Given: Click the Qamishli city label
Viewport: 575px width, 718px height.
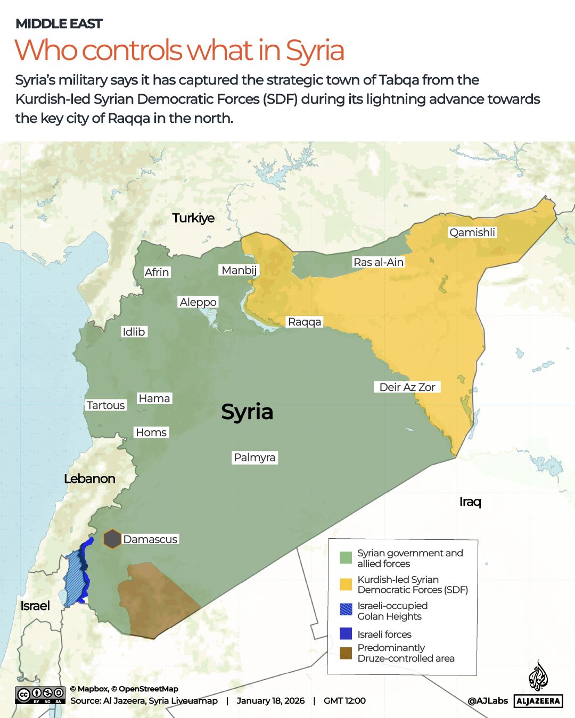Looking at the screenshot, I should [x=472, y=232].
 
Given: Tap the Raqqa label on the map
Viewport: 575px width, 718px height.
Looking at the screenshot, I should [x=305, y=322].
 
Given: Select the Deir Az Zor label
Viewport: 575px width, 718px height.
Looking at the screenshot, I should [x=407, y=387].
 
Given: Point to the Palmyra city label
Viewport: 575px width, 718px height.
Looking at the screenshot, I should [x=254, y=457].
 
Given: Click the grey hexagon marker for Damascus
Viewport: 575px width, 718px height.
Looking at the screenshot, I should [x=112, y=539].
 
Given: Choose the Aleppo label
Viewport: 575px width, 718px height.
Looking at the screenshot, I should [x=198, y=302].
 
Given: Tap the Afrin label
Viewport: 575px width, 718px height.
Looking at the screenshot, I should [x=157, y=272].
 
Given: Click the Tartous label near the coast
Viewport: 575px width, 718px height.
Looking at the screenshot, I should [x=105, y=405].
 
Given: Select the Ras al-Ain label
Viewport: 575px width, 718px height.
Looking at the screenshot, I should [x=379, y=262].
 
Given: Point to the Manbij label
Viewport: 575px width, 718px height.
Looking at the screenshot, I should [x=239, y=270].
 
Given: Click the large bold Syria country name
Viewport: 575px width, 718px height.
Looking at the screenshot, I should [x=247, y=412].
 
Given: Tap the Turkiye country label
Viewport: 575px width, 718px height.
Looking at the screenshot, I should [x=193, y=218].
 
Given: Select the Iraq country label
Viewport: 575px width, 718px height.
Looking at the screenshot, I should [x=470, y=502].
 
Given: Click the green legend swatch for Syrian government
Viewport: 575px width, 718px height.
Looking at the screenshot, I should [x=346, y=558].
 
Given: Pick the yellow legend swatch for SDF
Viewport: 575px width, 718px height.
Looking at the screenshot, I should [x=346, y=585].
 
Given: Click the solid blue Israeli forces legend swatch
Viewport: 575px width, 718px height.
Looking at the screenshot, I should [x=346, y=634].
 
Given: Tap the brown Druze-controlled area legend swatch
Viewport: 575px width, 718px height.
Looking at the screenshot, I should [x=346, y=653].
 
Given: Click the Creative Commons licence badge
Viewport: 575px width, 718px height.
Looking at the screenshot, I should [x=40, y=695].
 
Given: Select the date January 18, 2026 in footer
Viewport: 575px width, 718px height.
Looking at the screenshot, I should [x=270, y=701].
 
